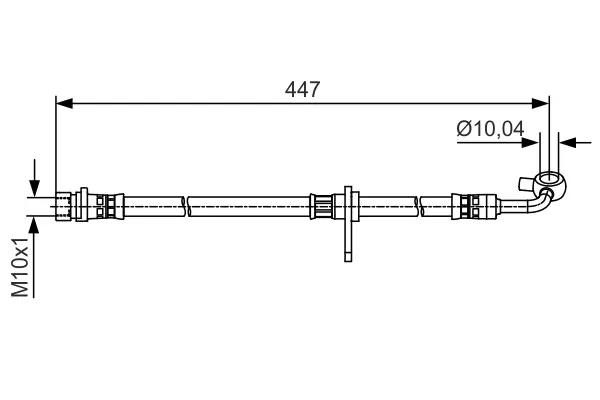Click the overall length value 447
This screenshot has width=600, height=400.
[x=302, y=89]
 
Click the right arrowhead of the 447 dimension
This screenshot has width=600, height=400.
[x=543, y=101]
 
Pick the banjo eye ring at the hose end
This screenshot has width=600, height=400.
[x=546, y=184]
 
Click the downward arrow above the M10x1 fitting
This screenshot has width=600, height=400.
[x=35, y=188]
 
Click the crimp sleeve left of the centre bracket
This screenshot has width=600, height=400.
[x=322, y=206]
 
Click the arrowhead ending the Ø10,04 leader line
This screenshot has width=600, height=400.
[x=534, y=142]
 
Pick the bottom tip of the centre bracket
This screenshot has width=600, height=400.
[x=347, y=257]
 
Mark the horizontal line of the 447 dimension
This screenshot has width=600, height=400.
[x=200, y=101]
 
